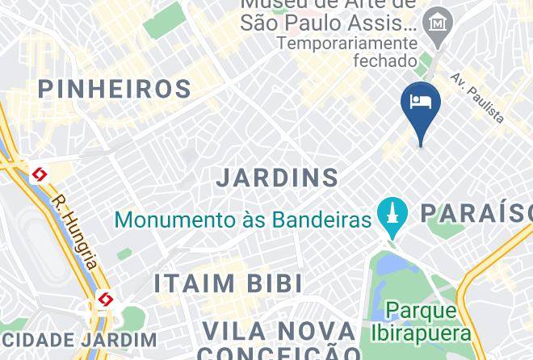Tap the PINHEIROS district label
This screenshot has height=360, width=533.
point(115,89)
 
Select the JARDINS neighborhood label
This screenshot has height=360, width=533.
point(277,178)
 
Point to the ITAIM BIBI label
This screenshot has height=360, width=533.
point(229,283)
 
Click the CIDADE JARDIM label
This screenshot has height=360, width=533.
point(78,340)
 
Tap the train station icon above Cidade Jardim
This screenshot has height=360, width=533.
point(104,300)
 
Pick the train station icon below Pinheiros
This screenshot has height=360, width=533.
point(39,174)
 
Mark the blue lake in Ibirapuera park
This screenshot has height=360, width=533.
point(387,264)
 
